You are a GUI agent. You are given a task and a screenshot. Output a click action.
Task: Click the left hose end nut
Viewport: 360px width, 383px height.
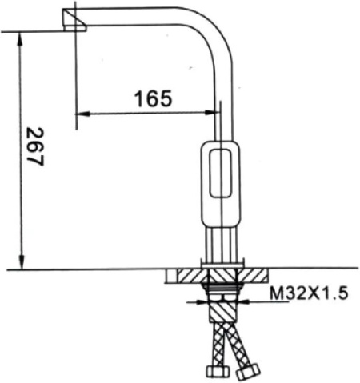click(x=214, y=373)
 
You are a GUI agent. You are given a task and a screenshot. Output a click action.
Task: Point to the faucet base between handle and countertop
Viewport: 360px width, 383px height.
click(x=221, y=244)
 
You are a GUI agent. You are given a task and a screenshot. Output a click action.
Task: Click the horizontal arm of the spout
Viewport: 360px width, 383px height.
click(x=136, y=18)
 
